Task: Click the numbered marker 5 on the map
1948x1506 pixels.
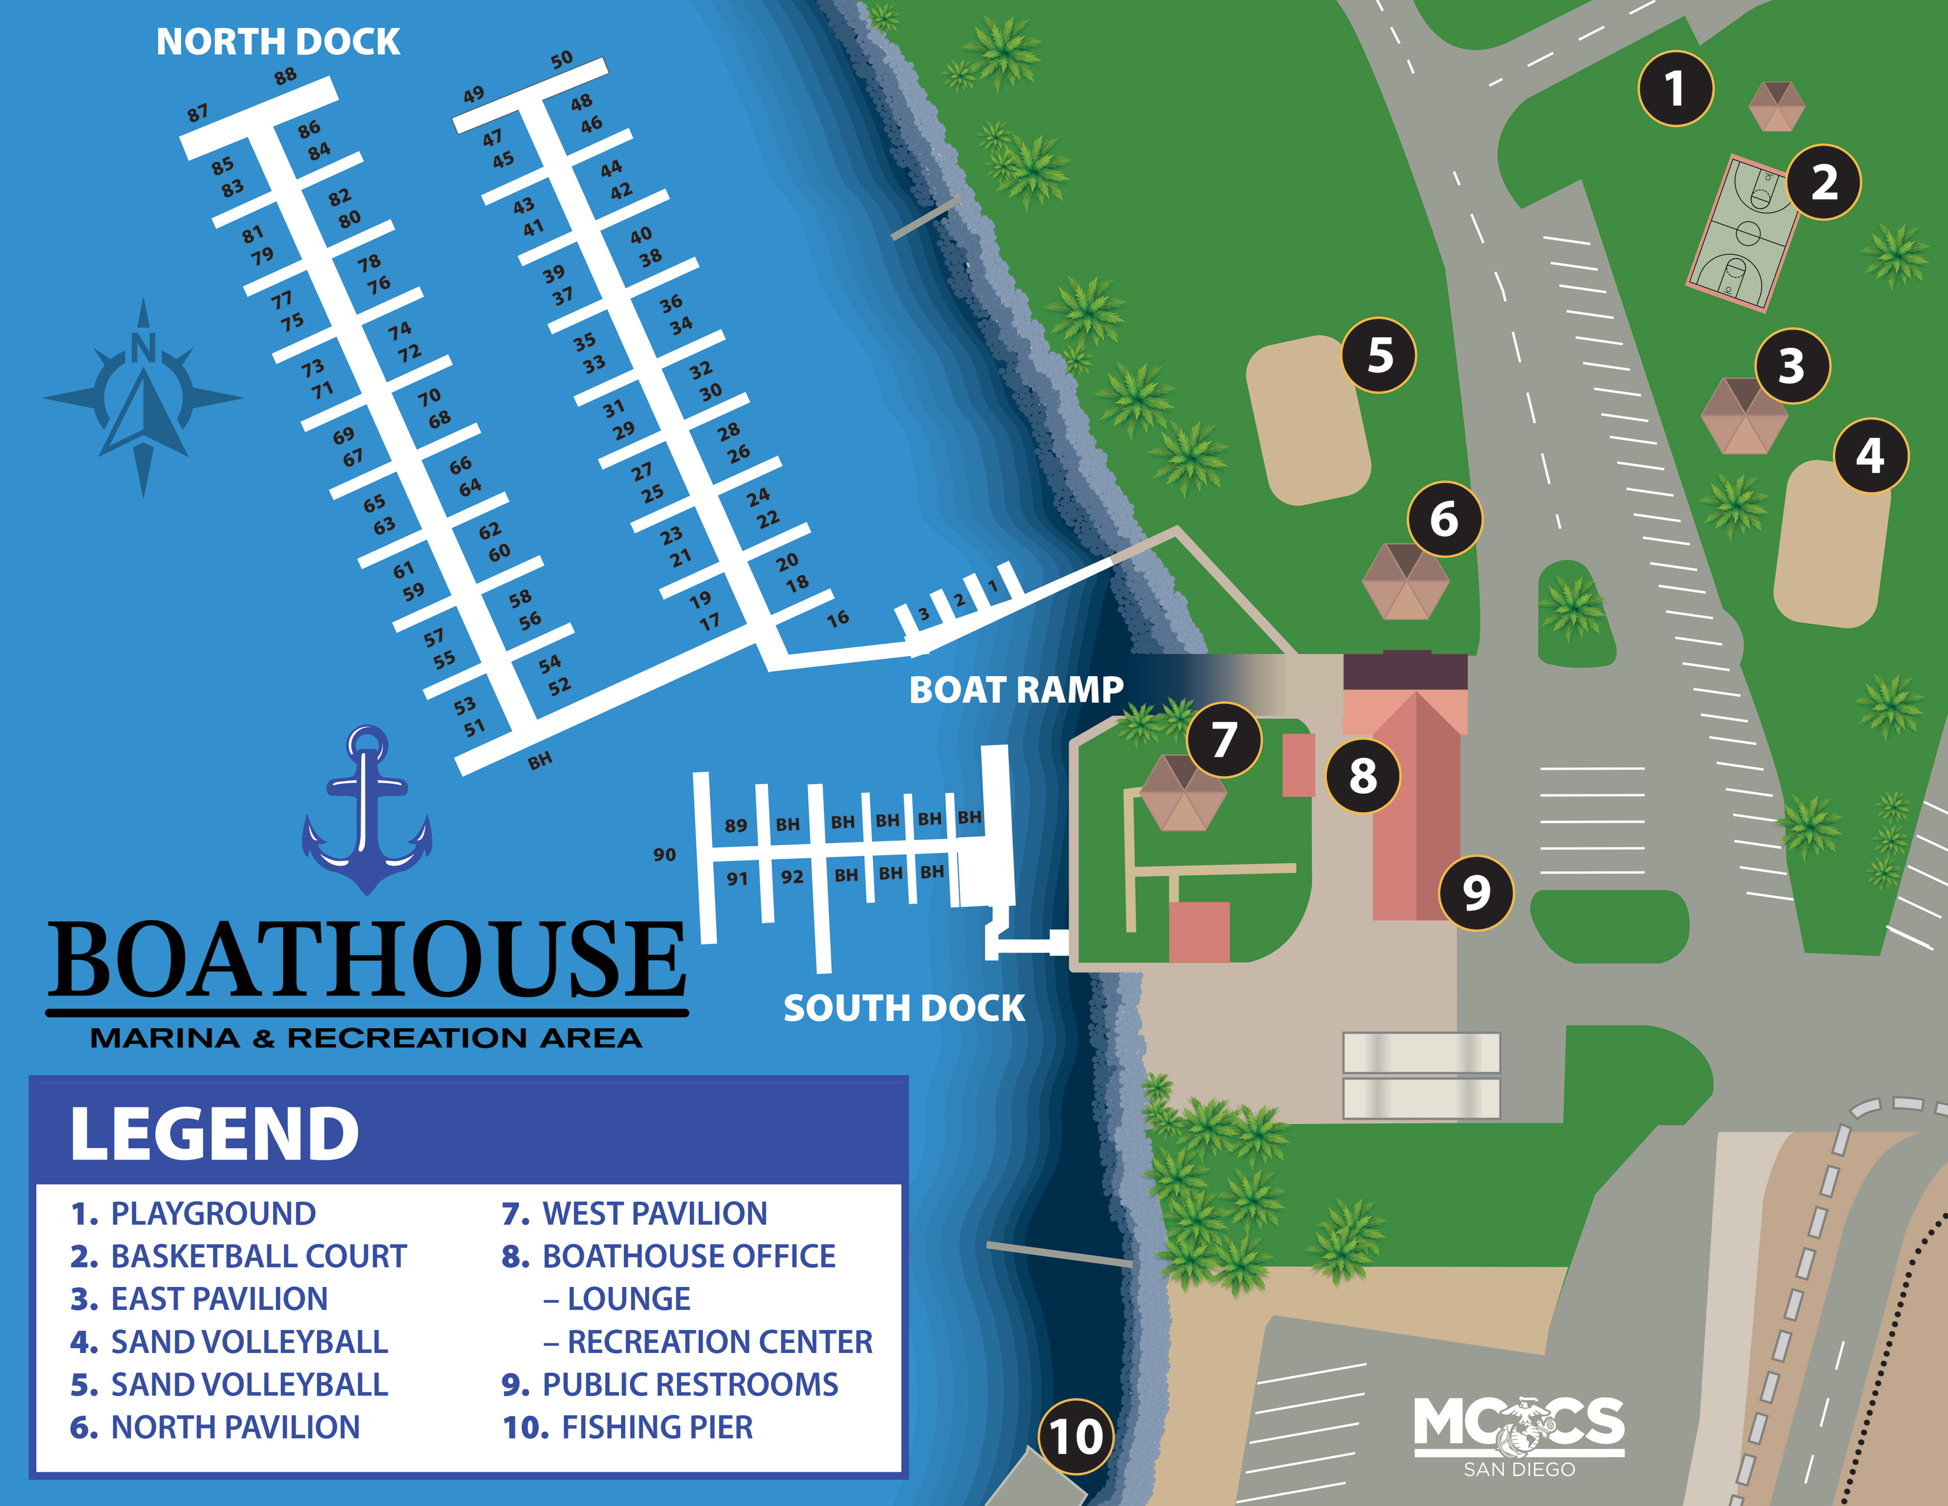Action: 1379,355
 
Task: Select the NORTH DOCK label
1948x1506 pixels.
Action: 277,42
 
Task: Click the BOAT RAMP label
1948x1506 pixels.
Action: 1016,690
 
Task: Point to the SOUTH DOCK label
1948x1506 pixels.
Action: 904,1008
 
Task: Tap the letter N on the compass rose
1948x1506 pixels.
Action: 143,348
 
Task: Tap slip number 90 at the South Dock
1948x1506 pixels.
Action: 665,855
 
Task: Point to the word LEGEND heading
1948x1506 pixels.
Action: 214,1134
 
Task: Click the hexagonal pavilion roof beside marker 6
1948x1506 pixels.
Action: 1405,582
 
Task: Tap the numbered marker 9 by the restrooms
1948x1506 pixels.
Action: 1476,893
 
